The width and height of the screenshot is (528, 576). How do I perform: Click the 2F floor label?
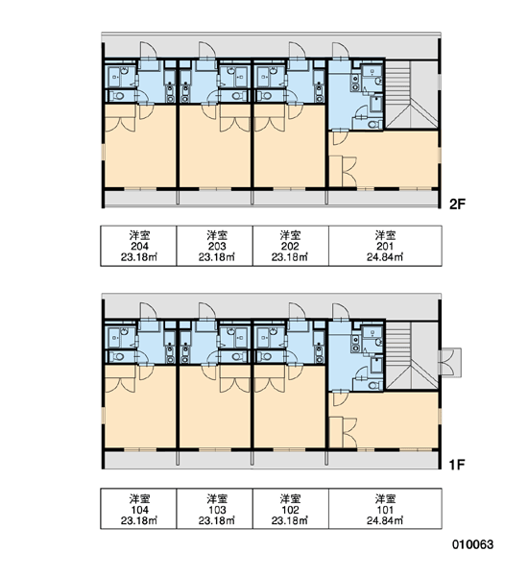point(457,204)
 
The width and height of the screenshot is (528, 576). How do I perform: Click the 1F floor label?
point(457,465)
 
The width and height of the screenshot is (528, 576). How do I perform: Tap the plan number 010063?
point(472,544)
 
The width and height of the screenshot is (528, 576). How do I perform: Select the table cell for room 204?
point(139,246)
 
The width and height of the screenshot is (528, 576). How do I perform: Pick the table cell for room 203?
point(215,246)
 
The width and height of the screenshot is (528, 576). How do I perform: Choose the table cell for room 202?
point(291,246)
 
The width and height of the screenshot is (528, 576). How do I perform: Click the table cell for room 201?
point(385,246)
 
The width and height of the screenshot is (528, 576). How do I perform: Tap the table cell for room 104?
point(139,509)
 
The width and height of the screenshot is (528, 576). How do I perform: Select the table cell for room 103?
point(215,509)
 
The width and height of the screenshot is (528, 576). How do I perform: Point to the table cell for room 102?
point(291,509)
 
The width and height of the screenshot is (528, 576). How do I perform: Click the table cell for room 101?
point(385,509)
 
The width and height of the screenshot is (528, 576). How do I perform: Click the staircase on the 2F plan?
point(412,94)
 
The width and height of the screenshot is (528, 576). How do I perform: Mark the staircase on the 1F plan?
point(412,355)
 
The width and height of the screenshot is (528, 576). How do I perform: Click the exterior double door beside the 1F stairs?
point(450,362)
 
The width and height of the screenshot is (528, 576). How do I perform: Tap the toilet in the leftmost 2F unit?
point(118,96)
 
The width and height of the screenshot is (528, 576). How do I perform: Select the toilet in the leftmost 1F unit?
point(118,356)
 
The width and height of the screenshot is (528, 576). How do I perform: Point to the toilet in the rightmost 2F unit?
point(373,125)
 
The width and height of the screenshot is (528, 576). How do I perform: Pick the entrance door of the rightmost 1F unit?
point(341,311)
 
